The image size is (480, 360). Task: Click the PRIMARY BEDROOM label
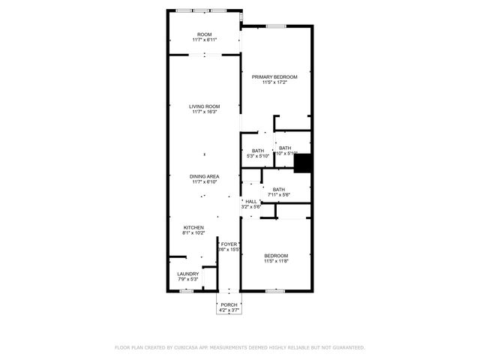(x=274, y=77)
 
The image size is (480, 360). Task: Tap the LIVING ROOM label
(x=204, y=107)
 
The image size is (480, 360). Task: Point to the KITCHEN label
(x=193, y=228)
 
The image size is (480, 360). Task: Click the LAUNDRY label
(x=188, y=274)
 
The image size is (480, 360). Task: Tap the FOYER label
(x=229, y=244)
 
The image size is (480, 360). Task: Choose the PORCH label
(x=228, y=304)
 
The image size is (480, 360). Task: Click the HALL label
(x=251, y=201)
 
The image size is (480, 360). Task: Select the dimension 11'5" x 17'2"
(x=274, y=82)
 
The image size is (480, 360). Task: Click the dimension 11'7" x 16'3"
(x=204, y=112)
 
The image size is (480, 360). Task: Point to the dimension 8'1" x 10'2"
(x=193, y=233)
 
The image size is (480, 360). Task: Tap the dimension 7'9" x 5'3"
(x=188, y=280)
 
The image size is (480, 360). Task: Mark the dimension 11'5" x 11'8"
(x=275, y=262)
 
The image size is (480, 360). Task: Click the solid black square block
(x=302, y=163)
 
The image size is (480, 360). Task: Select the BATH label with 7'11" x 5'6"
(x=279, y=190)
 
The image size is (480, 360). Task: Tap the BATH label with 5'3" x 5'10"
(x=258, y=151)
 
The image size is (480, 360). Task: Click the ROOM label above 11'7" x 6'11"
(x=204, y=35)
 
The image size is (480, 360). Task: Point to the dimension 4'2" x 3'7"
(x=228, y=310)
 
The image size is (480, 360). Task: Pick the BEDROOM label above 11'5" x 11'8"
(x=275, y=256)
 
